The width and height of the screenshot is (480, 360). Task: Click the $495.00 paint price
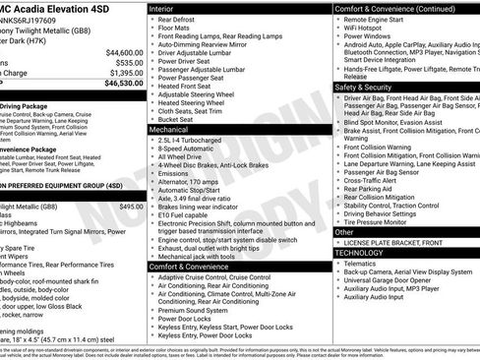coord(131,208)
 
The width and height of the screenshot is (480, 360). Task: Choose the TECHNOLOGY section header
coord(360,253)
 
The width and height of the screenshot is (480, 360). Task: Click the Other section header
coord(344,232)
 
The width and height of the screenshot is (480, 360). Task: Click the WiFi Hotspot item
coord(368,29)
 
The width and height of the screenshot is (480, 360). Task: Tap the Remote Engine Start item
coord(378,20)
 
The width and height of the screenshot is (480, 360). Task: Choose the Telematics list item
coord(364,264)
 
